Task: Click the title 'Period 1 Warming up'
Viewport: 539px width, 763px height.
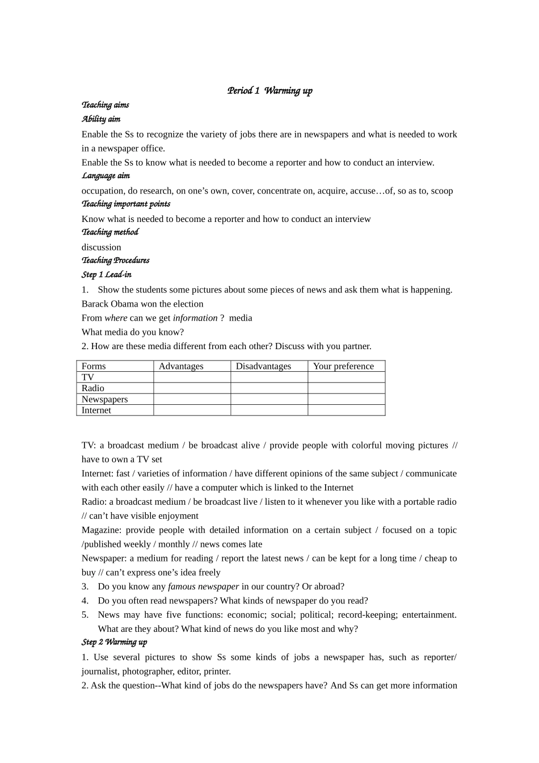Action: click(269, 91)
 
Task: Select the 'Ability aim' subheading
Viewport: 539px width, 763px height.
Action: click(101, 119)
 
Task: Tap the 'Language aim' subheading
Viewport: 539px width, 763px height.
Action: click(106, 176)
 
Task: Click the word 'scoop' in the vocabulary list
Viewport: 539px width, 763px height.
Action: click(442, 191)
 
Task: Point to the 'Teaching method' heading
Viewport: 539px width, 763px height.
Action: click(110, 232)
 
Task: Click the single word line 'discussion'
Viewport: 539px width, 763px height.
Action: click(102, 247)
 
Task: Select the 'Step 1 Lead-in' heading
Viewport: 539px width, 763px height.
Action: click(107, 275)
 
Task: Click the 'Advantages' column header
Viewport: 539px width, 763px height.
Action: click(181, 366)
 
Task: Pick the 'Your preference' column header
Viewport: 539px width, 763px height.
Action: click(343, 366)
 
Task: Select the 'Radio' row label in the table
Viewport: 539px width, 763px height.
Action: click(93, 388)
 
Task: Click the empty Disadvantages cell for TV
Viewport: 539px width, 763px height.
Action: click(269, 377)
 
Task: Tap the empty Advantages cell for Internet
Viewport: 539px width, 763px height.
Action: click(192, 410)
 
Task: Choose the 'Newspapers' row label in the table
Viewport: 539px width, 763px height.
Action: click(105, 399)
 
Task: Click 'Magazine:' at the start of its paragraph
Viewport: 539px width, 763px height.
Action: click(101, 530)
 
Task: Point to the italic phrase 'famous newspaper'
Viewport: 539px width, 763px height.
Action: click(204, 586)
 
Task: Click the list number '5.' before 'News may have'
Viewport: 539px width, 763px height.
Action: click(85, 615)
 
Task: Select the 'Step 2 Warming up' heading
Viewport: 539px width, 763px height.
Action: click(115, 642)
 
